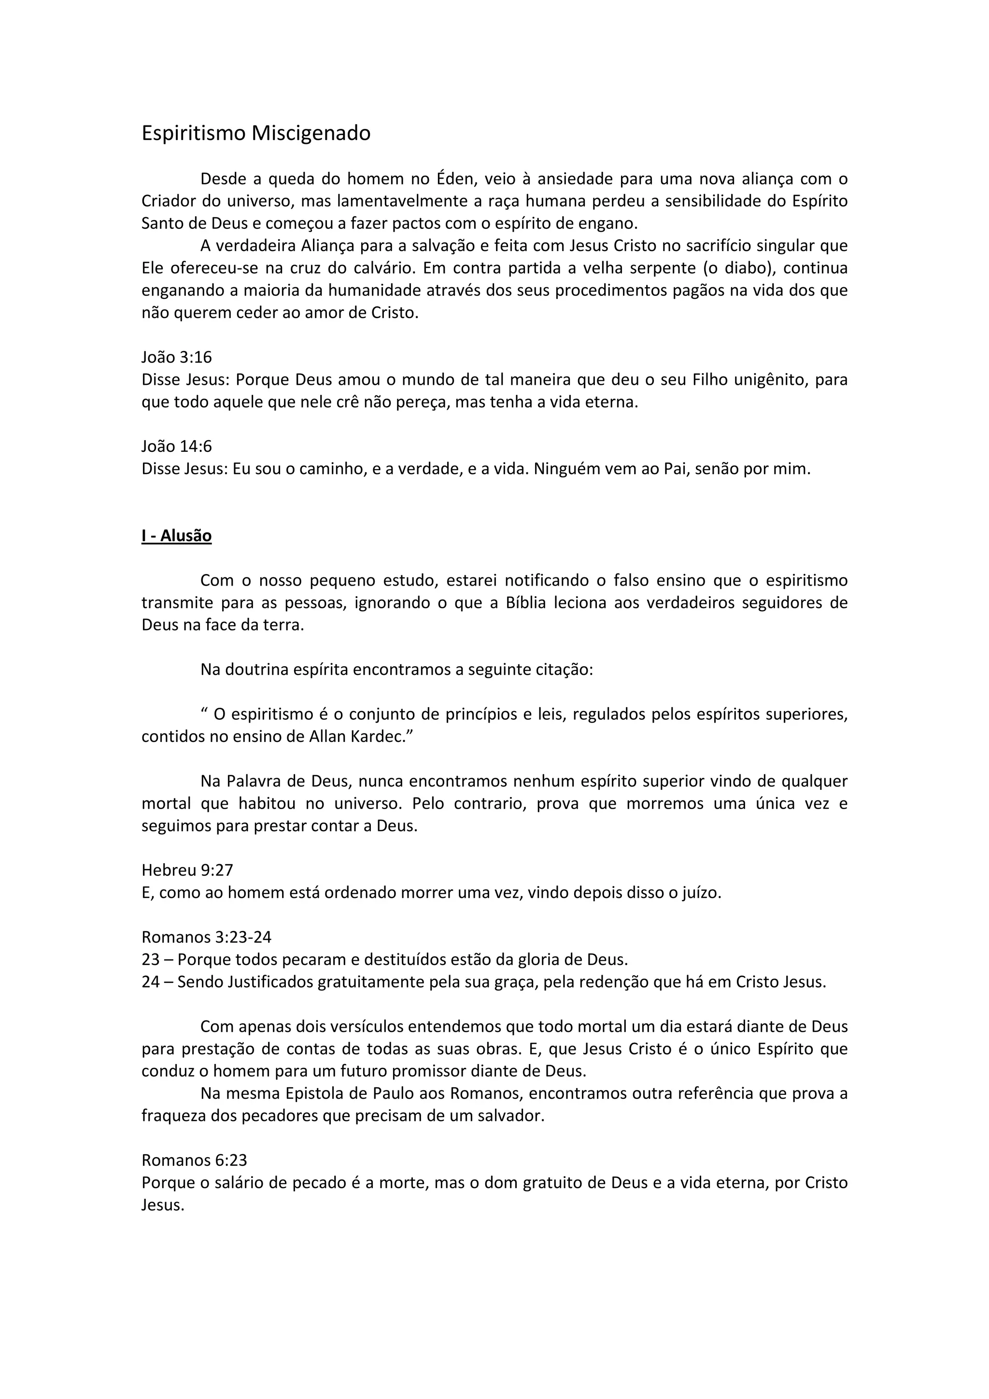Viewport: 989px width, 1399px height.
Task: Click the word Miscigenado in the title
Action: click(x=311, y=133)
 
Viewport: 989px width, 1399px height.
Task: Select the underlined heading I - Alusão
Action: click(x=177, y=535)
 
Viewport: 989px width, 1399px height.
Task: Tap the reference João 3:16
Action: click(x=177, y=357)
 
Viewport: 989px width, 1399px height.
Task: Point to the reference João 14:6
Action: click(x=177, y=446)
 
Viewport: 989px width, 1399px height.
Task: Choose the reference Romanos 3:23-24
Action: click(x=207, y=937)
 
